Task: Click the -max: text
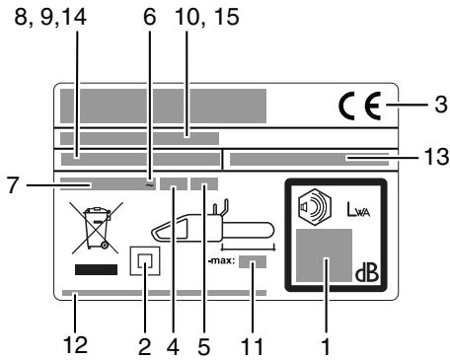click(221, 262)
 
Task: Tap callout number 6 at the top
click(150, 17)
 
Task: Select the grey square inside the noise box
click(325, 259)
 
